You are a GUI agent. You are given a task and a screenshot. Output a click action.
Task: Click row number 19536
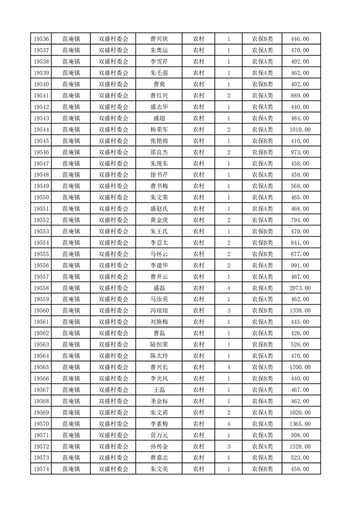[x=41, y=39]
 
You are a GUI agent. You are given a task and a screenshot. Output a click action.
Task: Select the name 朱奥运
[x=159, y=50]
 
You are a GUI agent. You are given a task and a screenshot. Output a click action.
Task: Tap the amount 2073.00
[x=300, y=288]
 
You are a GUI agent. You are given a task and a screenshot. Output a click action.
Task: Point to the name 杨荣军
[x=159, y=130]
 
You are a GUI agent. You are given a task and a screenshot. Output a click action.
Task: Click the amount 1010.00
[x=300, y=130]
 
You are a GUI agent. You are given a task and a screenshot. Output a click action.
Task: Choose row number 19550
[x=41, y=197]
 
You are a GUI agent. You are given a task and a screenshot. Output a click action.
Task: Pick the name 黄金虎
[x=159, y=220]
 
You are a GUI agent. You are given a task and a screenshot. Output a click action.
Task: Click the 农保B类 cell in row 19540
[x=262, y=84]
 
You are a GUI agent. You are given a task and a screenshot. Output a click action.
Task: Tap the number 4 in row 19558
[x=228, y=288]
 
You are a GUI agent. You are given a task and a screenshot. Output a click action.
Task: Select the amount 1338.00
[x=300, y=311]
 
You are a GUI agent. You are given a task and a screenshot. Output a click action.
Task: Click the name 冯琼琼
[x=159, y=311]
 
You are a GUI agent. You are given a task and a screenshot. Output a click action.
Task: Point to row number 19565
[x=41, y=367]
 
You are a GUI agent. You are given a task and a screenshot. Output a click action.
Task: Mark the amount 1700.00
[x=300, y=367]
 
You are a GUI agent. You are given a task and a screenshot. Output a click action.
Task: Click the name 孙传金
[x=159, y=446]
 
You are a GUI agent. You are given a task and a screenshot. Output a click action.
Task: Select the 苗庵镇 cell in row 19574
[x=71, y=469]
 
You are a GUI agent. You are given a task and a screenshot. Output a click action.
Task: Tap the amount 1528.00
[x=300, y=446]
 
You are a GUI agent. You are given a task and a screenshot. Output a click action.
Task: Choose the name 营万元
[x=159, y=435]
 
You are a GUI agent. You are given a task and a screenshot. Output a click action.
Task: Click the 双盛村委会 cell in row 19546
[x=113, y=152]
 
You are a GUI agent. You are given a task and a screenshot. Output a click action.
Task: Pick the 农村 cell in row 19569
[x=198, y=412]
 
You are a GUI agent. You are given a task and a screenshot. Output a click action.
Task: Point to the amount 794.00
[x=300, y=220]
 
